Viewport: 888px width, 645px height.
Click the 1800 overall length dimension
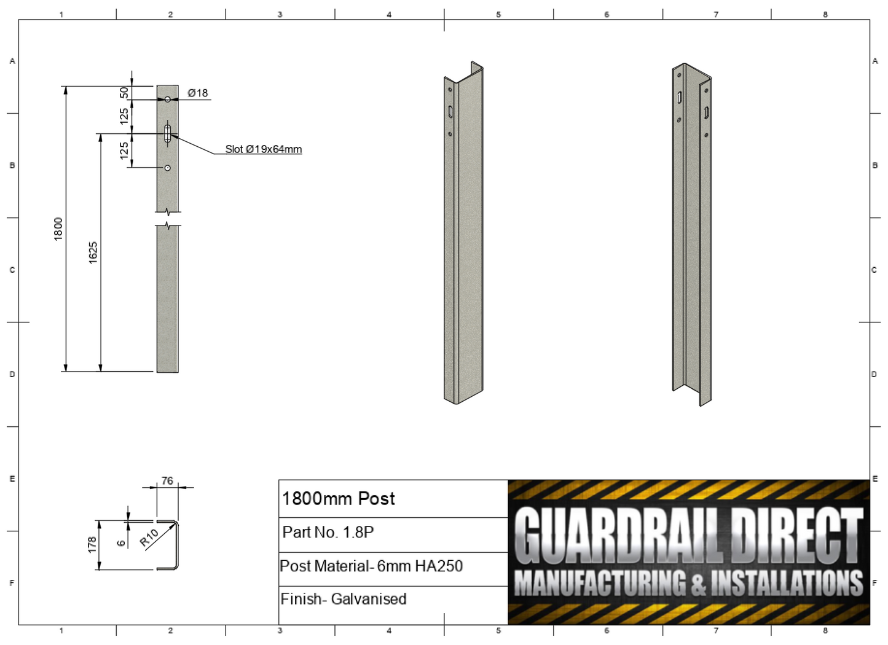(58, 229)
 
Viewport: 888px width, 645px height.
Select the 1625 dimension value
(93, 252)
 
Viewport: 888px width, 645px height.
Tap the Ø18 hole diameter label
(198, 93)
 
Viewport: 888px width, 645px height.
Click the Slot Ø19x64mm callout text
(263, 149)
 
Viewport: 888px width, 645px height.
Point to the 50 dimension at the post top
(125, 92)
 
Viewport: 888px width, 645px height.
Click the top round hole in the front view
(167, 100)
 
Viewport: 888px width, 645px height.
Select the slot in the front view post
(167, 133)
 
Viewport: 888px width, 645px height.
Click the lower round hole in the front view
(167, 168)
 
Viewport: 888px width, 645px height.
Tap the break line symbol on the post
(168, 219)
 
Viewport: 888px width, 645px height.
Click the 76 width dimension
(167, 481)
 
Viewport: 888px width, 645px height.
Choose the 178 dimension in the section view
(92, 544)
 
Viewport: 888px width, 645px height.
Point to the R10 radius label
(149, 537)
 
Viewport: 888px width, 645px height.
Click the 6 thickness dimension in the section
(122, 542)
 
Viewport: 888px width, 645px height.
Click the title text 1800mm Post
(338, 499)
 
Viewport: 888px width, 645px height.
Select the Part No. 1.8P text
(328, 532)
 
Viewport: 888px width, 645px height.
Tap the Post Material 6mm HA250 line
(371, 566)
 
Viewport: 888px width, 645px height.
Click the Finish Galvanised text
(344, 599)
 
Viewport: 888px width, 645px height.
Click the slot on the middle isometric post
(450, 112)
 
